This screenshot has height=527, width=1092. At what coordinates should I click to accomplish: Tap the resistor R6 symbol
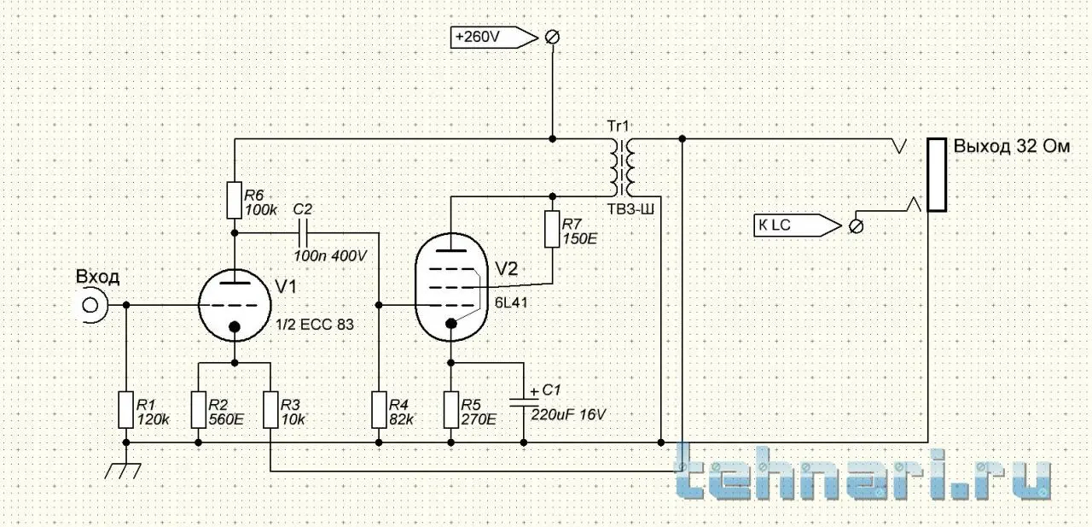click(234, 199)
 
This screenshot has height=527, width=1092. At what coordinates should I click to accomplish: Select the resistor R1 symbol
click(125, 409)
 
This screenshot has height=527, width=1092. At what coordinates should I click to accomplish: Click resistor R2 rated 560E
click(199, 409)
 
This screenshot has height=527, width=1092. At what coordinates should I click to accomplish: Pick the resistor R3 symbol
click(270, 409)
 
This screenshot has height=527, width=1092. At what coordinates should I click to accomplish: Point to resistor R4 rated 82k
click(379, 409)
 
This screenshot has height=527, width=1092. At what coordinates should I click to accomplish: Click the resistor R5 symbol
click(451, 409)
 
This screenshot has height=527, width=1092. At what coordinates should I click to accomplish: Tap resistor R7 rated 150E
click(552, 228)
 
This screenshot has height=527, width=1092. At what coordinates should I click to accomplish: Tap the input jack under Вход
click(90, 305)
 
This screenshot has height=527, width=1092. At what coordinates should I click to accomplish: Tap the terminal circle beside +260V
click(552, 37)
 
